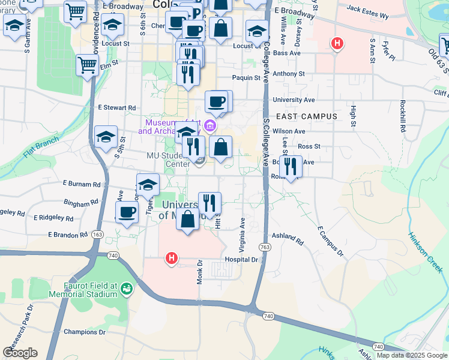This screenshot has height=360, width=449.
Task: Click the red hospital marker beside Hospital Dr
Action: [x=172, y=259]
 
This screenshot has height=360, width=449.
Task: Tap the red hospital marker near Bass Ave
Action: [x=338, y=43]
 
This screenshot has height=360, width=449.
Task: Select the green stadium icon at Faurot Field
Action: [x=127, y=289]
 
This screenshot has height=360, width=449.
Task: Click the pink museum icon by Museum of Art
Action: [x=209, y=125]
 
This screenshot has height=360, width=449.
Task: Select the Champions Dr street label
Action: [x=85, y=332]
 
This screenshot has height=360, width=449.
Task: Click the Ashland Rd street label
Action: [x=288, y=238]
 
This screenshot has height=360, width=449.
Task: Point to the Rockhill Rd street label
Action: [x=402, y=116]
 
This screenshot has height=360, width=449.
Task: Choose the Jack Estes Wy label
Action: [x=369, y=9]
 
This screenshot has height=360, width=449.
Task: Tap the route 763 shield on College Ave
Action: [x=265, y=247]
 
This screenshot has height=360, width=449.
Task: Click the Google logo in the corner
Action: [x=20, y=353]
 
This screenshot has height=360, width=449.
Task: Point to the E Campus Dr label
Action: [x=330, y=242]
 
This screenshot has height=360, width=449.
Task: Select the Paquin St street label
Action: [x=246, y=77]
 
